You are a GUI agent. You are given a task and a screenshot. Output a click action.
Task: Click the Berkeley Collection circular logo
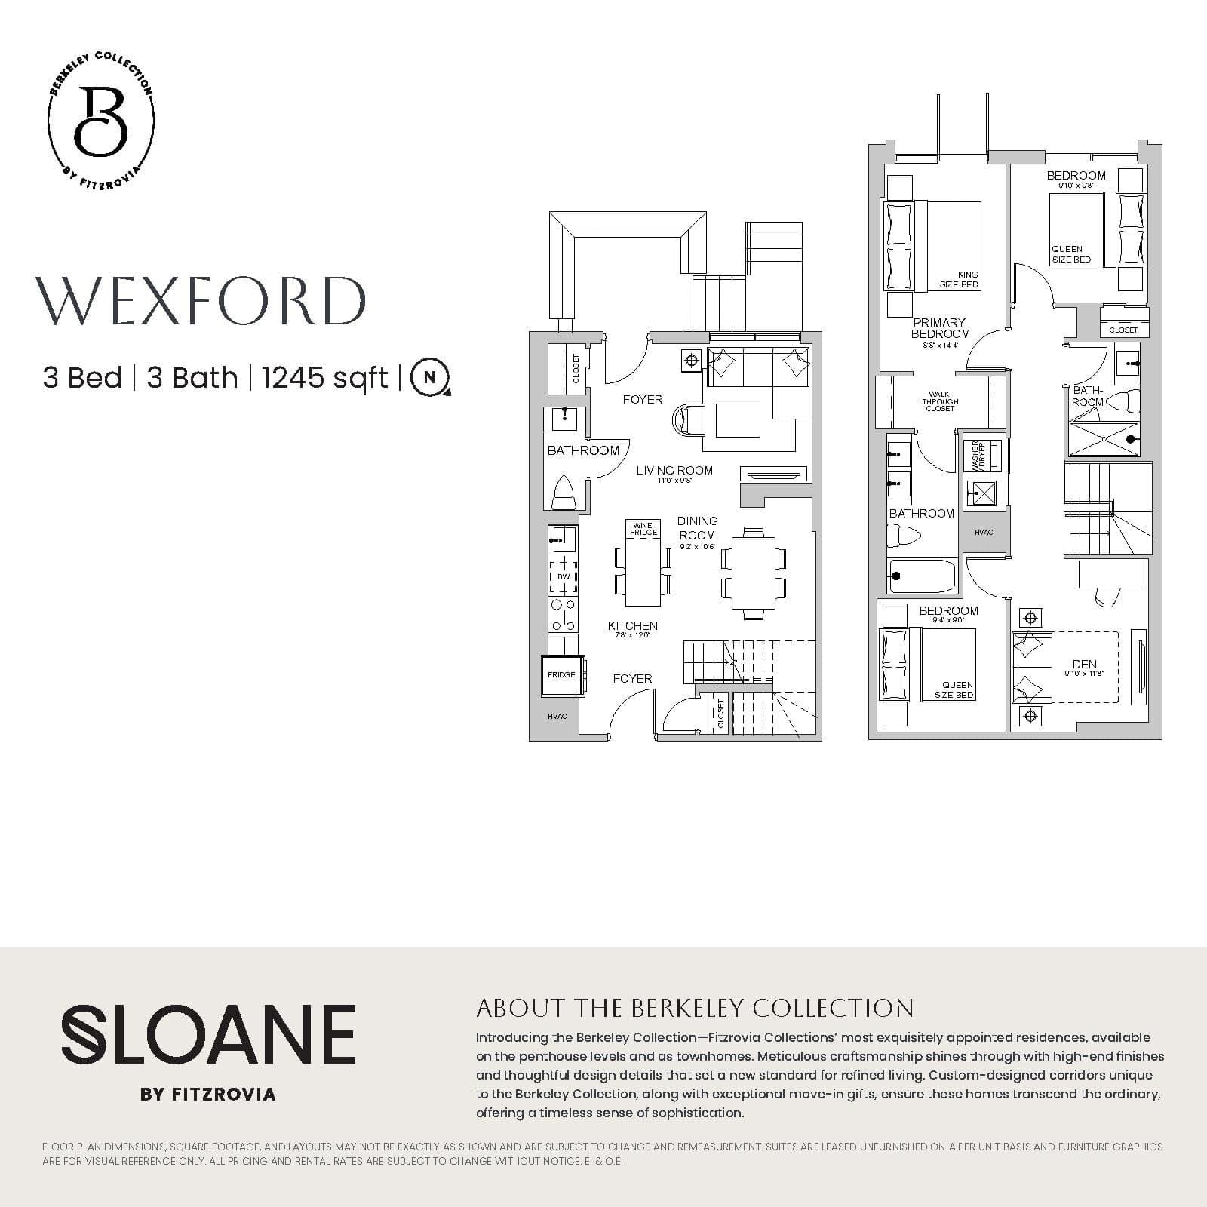coord(101,121)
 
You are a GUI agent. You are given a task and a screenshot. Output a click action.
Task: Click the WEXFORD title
coord(201,301)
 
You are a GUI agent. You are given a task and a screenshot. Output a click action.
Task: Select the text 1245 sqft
coord(324,377)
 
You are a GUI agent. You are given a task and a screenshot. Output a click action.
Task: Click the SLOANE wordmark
coord(208,1033)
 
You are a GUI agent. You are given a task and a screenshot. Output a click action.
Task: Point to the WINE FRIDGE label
coord(643,529)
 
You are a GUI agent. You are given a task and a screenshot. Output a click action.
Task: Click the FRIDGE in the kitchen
coord(561,675)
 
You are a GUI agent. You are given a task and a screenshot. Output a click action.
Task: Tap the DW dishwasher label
coord(564,577)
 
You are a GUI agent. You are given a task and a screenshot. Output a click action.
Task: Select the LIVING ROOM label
coord(674,471)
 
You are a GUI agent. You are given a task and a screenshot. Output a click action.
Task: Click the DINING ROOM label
coord(697,528)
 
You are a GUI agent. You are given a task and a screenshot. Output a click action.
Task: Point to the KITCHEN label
coord(632,626)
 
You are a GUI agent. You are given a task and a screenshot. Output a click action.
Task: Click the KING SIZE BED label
coord(959,280)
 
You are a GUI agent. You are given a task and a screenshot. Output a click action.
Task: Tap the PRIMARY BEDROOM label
coord(940,328)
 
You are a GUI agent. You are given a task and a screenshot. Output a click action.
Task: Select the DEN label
coord(1084,665)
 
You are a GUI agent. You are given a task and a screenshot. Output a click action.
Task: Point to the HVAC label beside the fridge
coord(557,716)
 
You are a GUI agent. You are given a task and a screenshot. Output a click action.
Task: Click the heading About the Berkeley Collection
coord(695,1008)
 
